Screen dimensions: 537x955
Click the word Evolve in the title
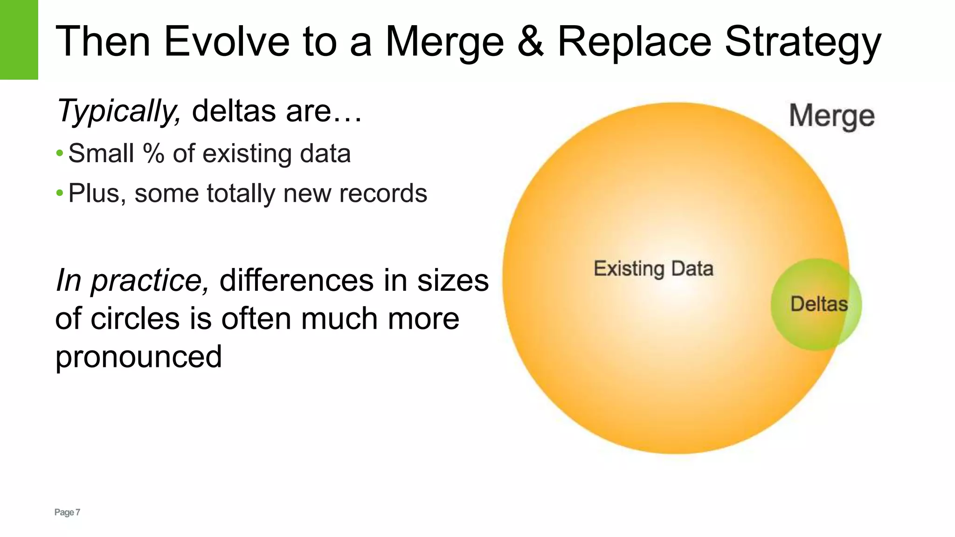click(x=227, y=41)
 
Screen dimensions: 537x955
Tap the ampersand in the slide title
click(x=531, y=41)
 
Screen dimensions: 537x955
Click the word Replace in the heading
click(x=634, y=41)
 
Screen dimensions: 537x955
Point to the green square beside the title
click(x=19, y=40)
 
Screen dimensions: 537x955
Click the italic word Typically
click(x=118, y=112)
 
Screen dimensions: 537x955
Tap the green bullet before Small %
click(x=59, y=153)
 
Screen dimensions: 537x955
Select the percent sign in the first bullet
click(x=153, y=153)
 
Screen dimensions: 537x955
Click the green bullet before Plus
click(x=59, y=193)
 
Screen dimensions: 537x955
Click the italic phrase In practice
click(x=132, y=281)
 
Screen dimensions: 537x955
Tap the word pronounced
click(x=138, y=357)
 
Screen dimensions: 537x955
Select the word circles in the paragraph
click(x=135, y=319)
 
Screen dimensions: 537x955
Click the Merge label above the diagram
click(x=831, y=117)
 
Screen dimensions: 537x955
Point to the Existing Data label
click(x=653, y=269)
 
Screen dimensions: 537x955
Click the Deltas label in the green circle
click(x=819, y=304)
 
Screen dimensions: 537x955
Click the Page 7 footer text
click(x=67, y=512)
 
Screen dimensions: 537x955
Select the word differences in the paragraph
click(x=297, y=281)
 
